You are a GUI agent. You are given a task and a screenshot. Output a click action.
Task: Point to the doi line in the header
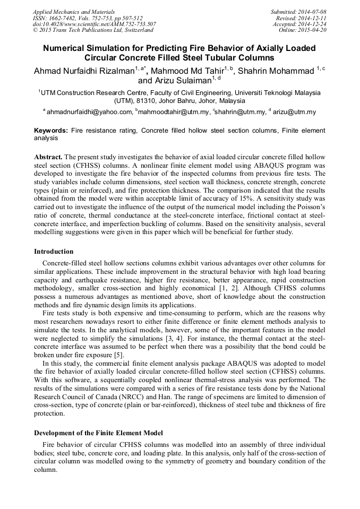(94, 24)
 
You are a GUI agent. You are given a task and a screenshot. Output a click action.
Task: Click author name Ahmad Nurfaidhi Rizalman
(83, 71)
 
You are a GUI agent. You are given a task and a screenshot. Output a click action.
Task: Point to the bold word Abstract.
(48, 158)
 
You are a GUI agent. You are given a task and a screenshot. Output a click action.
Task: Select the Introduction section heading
(54, 252)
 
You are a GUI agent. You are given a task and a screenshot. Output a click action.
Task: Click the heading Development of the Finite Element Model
(98, 433)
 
